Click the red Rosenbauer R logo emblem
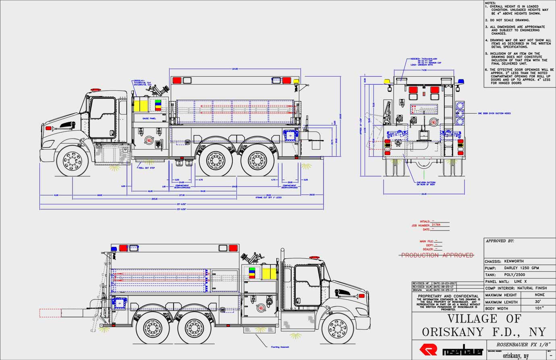[x=428, y=349]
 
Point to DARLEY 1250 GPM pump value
[x=521, y=268]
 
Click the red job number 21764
[x=436, y=225]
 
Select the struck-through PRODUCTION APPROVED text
[x=437, y=255]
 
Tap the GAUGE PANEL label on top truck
[x=149, y=119]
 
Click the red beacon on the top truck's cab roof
[x=95, y=89]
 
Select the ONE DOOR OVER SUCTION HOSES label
[x=494, y=113]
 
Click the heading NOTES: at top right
[x=491, y=3]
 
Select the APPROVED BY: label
[x=500, y=241]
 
